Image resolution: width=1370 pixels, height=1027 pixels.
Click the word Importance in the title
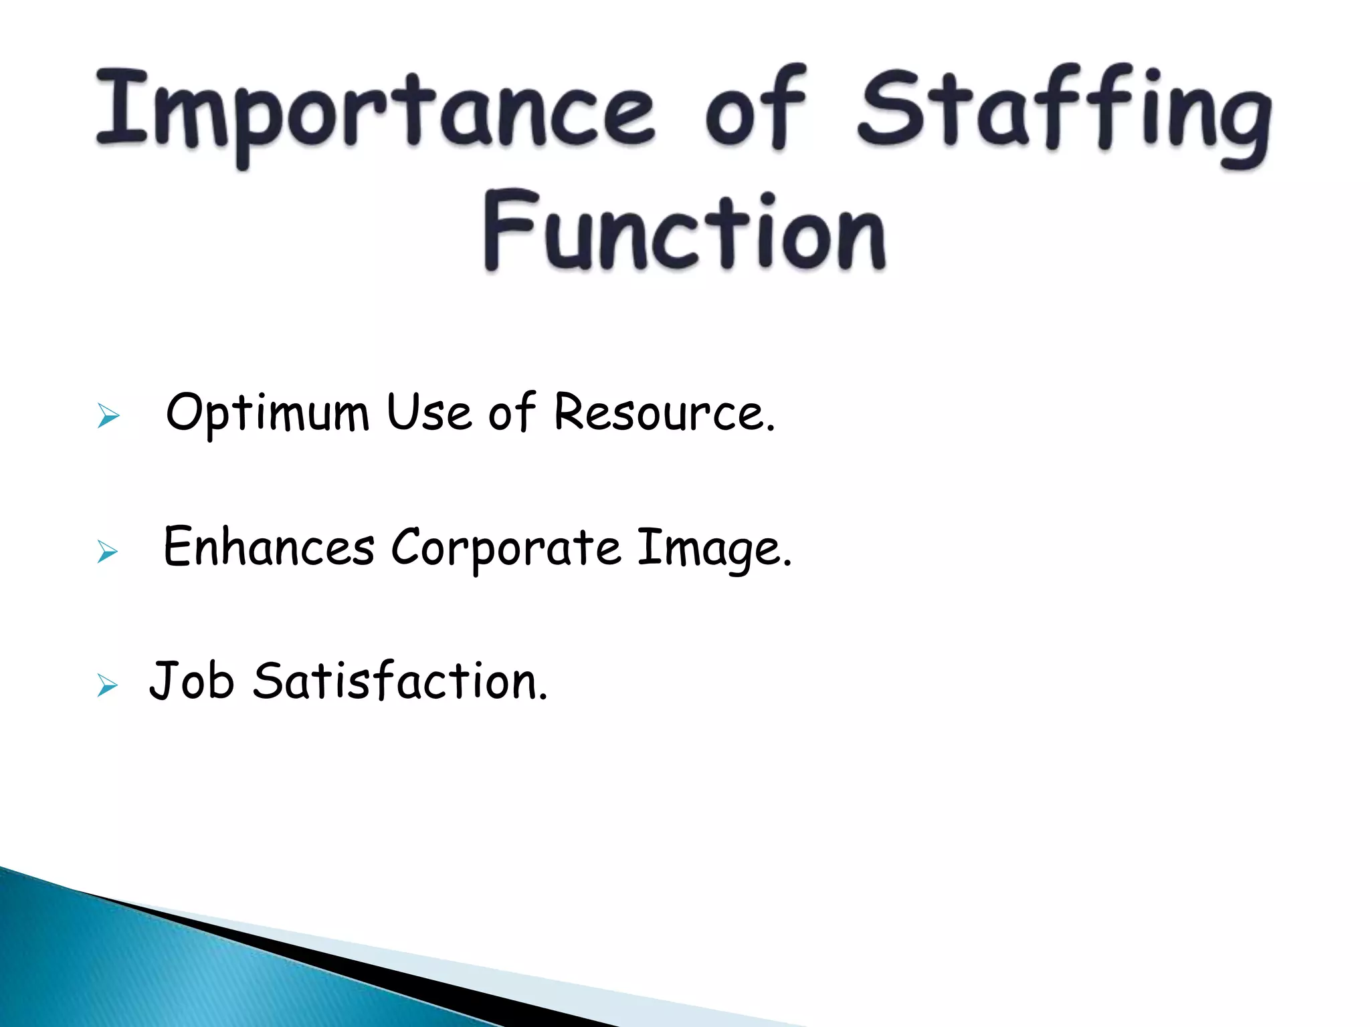(x=375, y=110)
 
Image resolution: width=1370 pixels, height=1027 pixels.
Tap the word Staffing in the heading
(x=1064, y=114)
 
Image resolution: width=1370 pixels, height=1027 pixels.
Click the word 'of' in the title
(x=756, y=110)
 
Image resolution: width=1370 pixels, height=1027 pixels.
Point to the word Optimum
(x=267, y=413)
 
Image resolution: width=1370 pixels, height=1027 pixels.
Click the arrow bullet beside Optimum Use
(x=108, y=416)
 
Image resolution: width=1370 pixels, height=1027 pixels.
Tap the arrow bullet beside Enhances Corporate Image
(x=107, y=552)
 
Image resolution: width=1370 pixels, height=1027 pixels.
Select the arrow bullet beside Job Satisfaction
(x=107, y=686)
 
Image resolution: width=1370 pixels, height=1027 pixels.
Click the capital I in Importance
(x=122, y=107)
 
